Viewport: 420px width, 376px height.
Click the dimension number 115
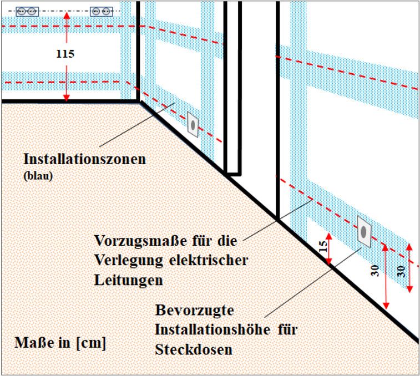65,54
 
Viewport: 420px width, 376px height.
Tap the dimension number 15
323,246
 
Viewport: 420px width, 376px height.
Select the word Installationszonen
85,159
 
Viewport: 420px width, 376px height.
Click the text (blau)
38,176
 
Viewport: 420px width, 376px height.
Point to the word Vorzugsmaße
140,241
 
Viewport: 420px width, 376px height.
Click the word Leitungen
129,280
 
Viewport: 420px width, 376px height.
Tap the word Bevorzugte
194,311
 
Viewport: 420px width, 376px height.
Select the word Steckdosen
194,349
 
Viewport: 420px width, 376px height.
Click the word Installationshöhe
213,329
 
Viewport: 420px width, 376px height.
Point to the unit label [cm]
91,343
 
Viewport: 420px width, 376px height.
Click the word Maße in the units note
34,343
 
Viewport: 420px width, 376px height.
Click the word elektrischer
209,260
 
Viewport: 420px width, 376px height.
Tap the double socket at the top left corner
27,12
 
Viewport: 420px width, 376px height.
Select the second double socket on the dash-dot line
101,12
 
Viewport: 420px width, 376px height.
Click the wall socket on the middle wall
193,125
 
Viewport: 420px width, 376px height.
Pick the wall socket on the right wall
364,232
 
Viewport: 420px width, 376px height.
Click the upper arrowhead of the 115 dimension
67,16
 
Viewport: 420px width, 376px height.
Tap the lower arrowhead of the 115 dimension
67,98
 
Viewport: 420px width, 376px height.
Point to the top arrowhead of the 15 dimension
329,237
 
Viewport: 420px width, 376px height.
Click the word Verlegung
129,260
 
